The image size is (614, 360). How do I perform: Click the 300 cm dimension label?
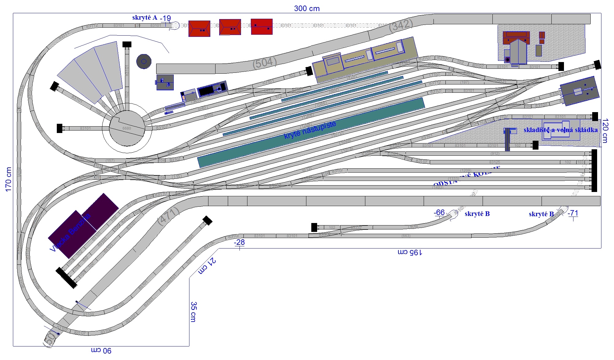click(307, 9)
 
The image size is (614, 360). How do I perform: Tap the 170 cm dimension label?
click(9, 179)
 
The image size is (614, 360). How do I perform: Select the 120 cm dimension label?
click(605, 131)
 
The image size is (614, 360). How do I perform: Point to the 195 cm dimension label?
click(410, 252)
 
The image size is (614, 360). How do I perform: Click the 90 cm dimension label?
click(101, 350)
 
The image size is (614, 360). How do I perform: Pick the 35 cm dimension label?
click(193, 311)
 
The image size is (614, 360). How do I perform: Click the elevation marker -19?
click(165, 18)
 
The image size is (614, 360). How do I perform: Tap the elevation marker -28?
click(239, 242)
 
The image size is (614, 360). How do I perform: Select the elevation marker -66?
click(439, 213)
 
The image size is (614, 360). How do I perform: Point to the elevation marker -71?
click(573, 213)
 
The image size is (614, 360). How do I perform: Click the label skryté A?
click(145, 18)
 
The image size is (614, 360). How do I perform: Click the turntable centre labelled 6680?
click(127, 128)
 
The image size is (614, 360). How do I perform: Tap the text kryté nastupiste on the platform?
click(310, 130)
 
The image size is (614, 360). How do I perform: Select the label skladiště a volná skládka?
click(561, 130)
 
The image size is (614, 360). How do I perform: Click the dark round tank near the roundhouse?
click(144, 61)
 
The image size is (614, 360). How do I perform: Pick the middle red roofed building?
click(230, 27)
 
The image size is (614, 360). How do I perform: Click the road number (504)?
click(265, 63)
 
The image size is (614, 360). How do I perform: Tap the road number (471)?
click(168, 216)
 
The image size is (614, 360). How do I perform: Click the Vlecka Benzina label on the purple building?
click(71, 232)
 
